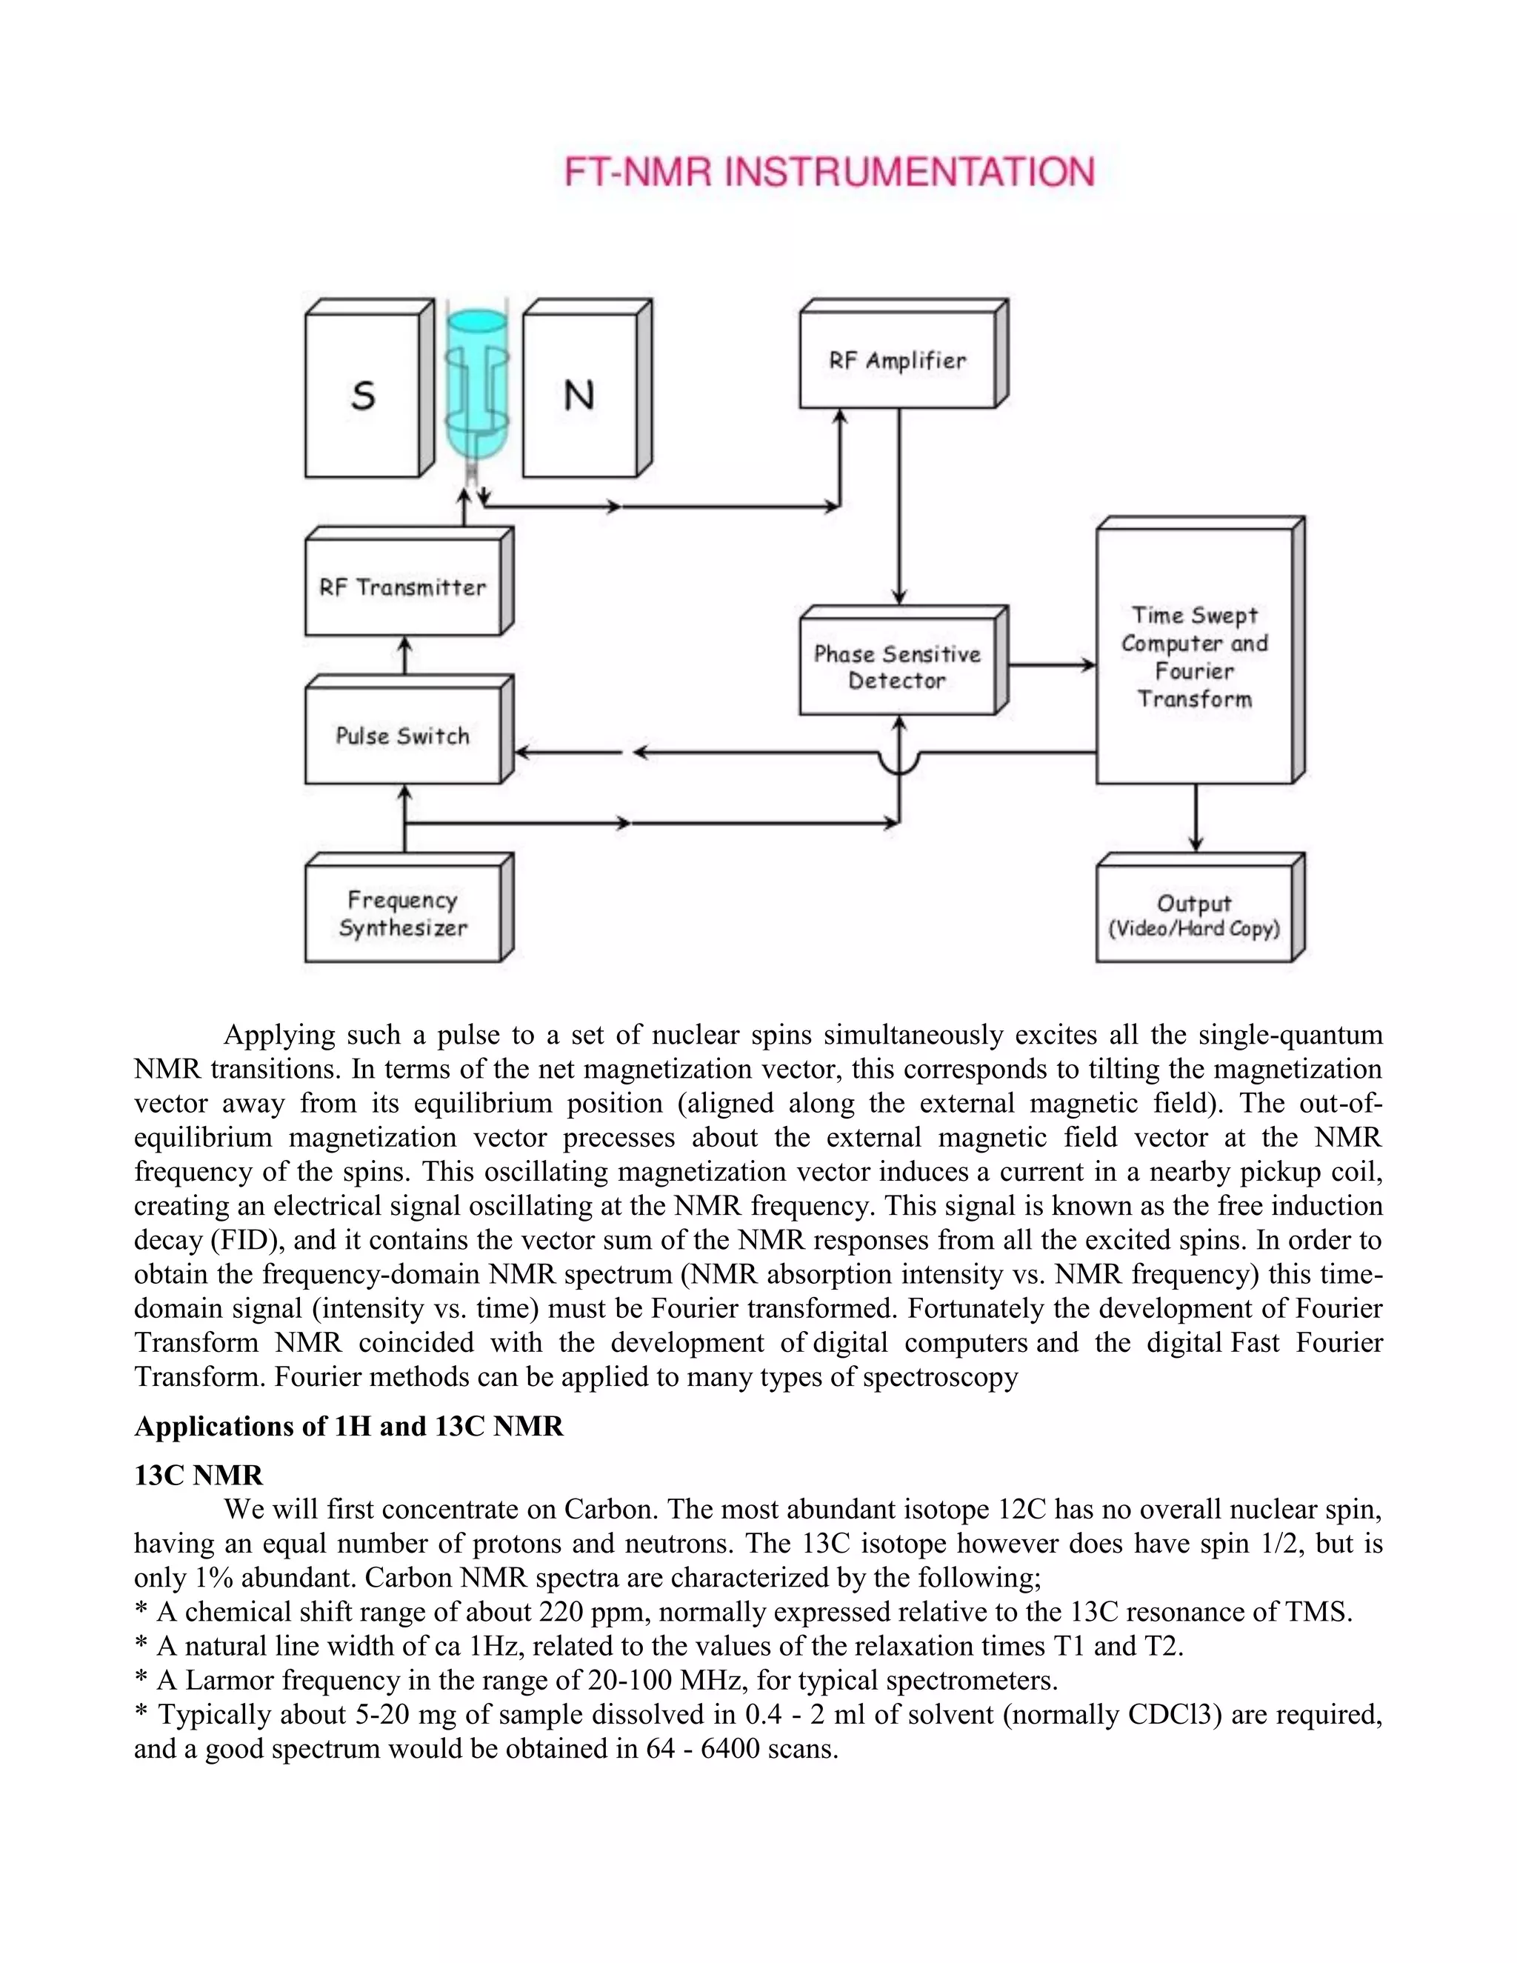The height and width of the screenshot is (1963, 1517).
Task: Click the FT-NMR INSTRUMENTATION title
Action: pos(829,172)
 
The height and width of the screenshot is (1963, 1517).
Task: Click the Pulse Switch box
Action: pos(403,736)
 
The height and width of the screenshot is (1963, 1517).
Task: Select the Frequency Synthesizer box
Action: pos(403,914)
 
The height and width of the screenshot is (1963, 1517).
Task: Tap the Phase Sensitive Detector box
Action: pos(897,667)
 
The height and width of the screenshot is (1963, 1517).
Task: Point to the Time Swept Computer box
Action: pos(1193,657)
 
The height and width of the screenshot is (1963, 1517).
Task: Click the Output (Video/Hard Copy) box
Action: pos(1193,915)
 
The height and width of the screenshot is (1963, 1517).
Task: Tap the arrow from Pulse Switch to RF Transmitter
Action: pos(404,656)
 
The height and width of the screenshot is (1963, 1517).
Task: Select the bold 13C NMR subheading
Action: pos(199,1475)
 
